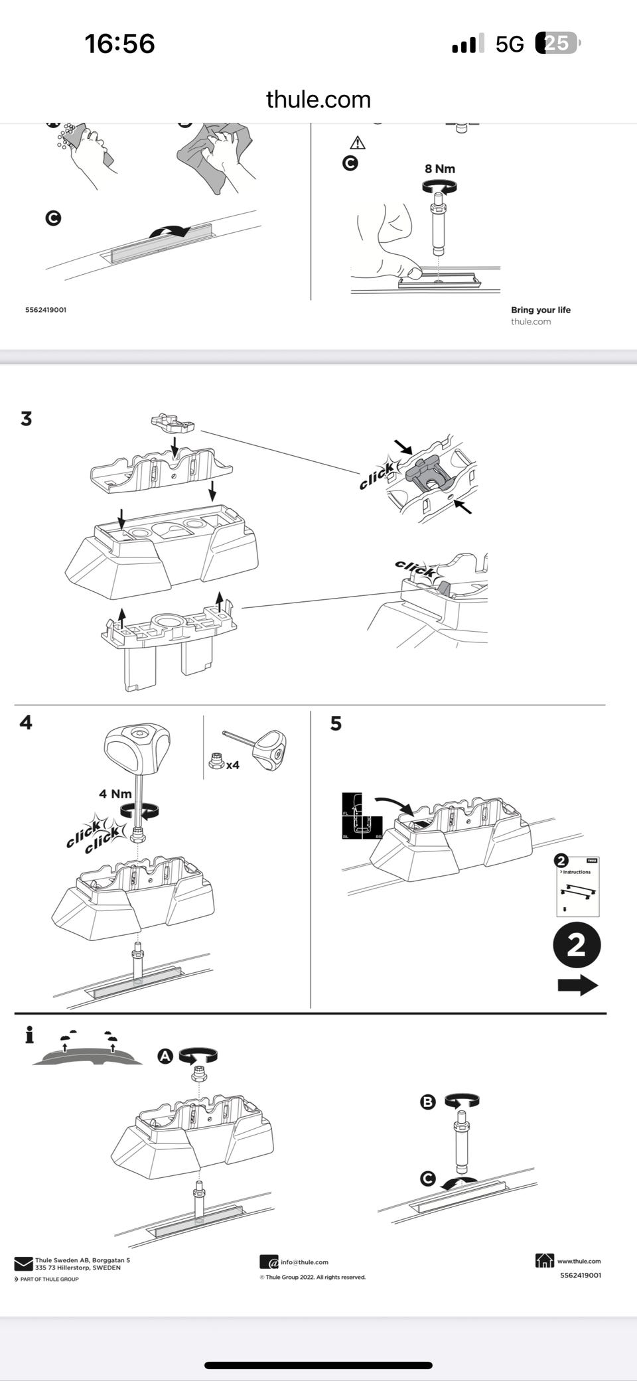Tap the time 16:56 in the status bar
tap(119, 44)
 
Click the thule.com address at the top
tap(318, 100)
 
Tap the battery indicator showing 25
tap(557, 44)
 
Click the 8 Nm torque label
tap(440, 169)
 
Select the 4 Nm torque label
tap(115, 794)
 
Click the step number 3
tap(27, 419)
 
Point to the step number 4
tap(26, 722)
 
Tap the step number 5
tap(336, 723)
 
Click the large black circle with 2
tap(577, 945)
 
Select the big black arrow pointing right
tap(578, 985)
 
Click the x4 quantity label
tap(232, 765)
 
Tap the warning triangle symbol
tap(358, 143)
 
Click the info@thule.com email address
tap(304, 1262)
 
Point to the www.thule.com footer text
tap(579, 1261)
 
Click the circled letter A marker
tap(165, 1056)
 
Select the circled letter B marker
tap(428, 1102)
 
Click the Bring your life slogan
tap(540, 310)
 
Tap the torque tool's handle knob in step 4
tap(137, 745)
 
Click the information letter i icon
tap(29, 1035)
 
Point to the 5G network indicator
tap(510, 44)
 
